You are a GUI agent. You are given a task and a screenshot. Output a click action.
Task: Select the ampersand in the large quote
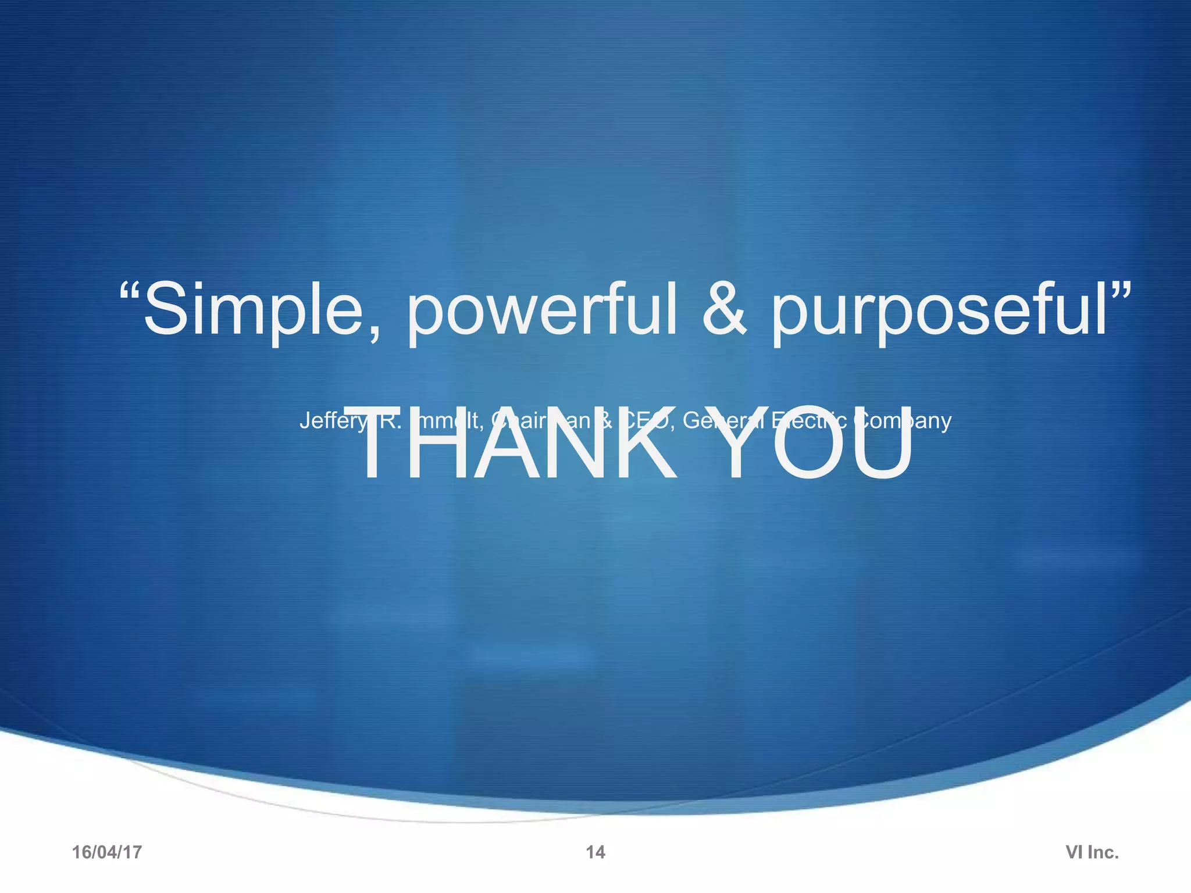click(x=723, y=310)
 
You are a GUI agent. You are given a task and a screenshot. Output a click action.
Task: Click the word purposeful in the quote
click(x=939, y=310)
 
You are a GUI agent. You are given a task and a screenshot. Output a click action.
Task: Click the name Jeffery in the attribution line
click(x=333, y=421)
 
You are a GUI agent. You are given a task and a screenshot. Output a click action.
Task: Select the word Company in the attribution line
click(x=903, y=421)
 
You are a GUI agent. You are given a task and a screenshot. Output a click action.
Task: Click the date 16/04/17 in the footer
click(x=107, y=852)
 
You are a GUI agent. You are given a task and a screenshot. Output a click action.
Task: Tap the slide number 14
click(x=595, y=852)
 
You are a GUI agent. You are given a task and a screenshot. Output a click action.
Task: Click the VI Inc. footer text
click(x=1092, y=852)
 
